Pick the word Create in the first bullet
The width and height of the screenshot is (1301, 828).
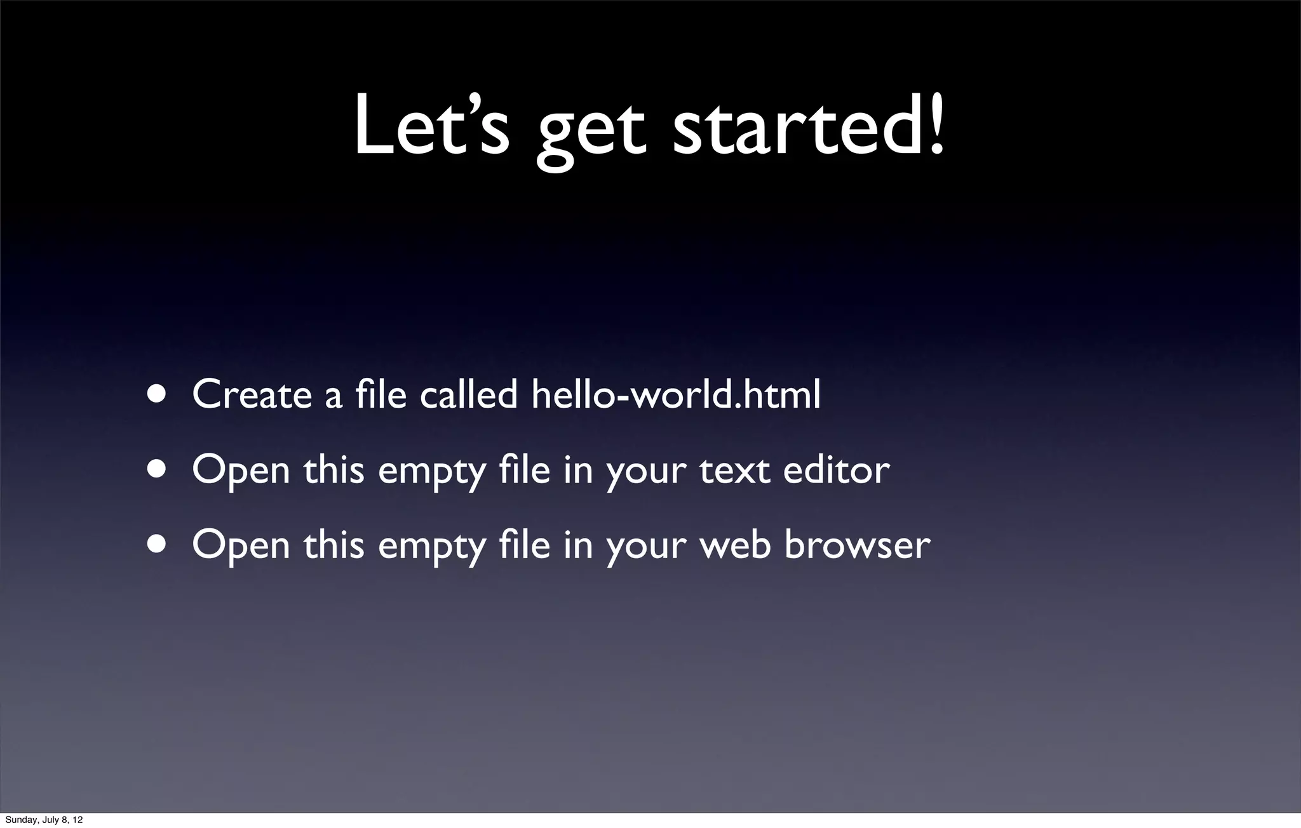click(252, 395)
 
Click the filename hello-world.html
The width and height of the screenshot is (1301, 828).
click(676, 395)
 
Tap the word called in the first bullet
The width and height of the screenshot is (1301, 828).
click(468, 395)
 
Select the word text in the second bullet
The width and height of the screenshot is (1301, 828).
click(734, 471)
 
